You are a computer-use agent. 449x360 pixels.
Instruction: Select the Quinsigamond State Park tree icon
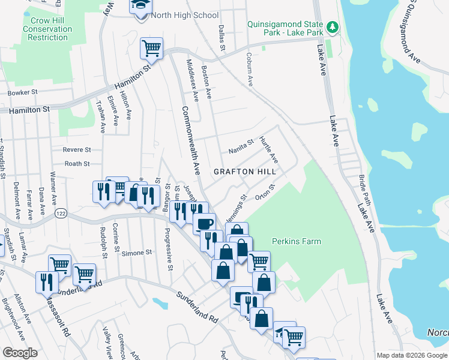point(331,28)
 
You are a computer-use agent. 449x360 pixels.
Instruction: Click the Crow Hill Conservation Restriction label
point(43,29)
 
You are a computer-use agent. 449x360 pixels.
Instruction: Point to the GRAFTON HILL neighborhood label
point(245,172)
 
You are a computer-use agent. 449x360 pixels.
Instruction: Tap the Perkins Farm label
point(296,242)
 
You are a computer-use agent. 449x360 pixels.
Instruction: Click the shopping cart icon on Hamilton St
point(151,48)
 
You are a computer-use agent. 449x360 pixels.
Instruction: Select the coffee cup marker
point(205,224)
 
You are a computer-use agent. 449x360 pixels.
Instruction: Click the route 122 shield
point(61,214)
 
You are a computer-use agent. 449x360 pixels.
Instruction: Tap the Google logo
point(20,353)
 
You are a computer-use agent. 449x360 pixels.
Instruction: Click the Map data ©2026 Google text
point(411,355)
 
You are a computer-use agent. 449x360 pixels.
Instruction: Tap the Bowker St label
point(23,93)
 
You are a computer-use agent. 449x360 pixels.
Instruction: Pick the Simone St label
point(136,253)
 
